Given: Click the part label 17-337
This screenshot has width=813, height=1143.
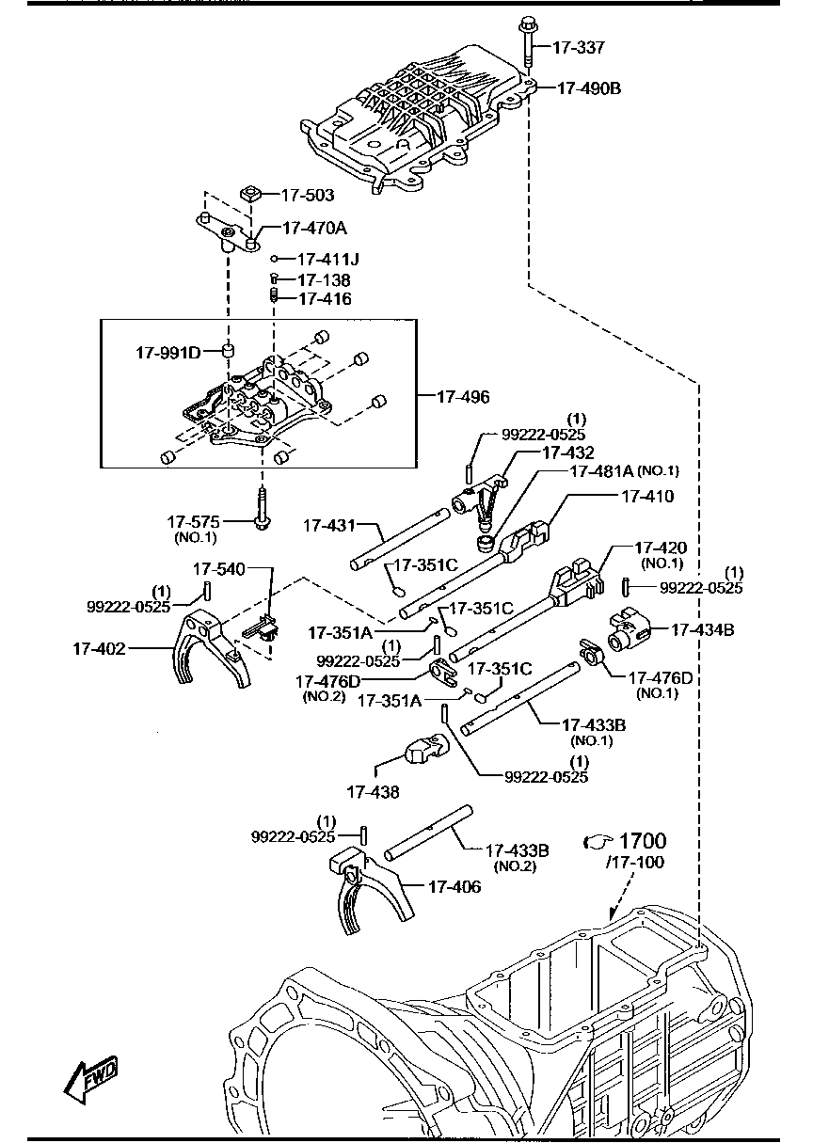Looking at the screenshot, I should tap(579, 47).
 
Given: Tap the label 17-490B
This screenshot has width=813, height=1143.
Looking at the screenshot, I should tap(588, 88).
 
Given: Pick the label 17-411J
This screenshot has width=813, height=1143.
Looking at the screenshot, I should tap(323, 258).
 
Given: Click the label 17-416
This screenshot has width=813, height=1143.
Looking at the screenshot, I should tap(325, 299).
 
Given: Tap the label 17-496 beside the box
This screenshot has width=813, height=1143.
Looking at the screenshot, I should tap(463, 397).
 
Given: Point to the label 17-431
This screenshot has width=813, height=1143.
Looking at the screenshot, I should tap(330, 526).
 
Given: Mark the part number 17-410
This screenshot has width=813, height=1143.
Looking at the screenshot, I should tap(646, 495).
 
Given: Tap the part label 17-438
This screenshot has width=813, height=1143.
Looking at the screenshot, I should tap(373, 792).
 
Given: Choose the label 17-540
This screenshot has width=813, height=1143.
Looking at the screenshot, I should tap(218, 568).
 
